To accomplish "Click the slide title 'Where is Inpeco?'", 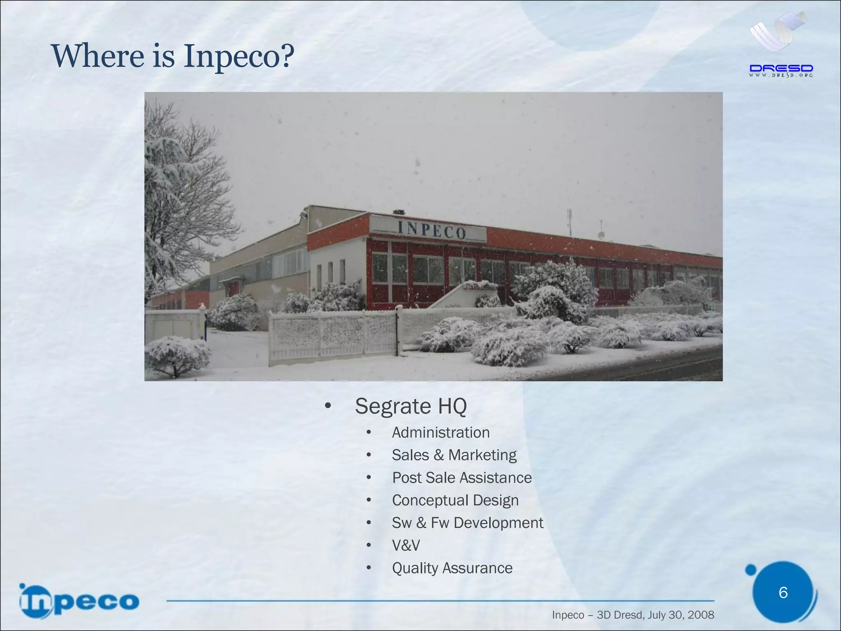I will (172, 56).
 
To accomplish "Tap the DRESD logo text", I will (781, 69).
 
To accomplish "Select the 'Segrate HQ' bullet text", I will (411, 406).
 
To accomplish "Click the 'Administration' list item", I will (441, 433).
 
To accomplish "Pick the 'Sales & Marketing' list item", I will (454, 455).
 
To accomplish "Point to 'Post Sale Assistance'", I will (462, 478).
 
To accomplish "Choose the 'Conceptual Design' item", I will (455, 500).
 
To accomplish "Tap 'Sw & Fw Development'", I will (467, 523).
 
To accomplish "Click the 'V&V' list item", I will (406, 546).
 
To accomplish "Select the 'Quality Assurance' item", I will (452, 568).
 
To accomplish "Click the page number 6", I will (783, 592).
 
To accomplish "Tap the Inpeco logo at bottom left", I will (79, 601).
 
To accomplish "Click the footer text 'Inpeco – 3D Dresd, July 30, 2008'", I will (633, 615).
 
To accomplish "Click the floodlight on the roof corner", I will (303, 215).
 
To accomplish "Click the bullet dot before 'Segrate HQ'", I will (327, 406).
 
